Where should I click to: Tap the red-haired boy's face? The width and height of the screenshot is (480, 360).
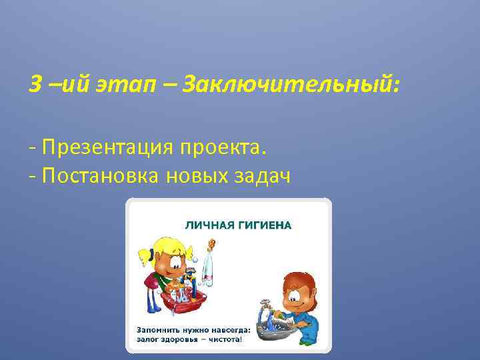click(x=297, y=293)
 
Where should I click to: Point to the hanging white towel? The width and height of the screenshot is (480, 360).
click(x=208, y=269)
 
